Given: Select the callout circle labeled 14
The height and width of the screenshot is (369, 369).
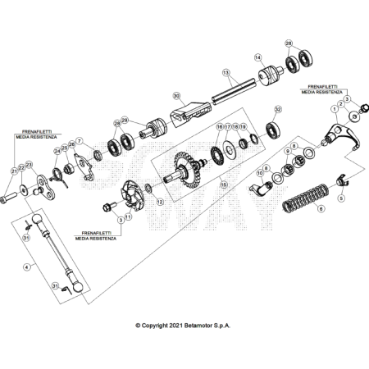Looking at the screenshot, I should click(257, 58).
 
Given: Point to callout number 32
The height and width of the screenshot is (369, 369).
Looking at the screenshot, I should click(278, 108).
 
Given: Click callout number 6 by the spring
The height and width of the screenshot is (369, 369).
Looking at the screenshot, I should click(321, 208).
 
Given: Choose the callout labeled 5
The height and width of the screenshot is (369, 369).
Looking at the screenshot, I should click(341, 198).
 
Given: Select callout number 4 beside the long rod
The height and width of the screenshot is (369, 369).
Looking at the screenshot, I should click(27, 266).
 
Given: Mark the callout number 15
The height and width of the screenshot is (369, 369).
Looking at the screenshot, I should click(221, 186).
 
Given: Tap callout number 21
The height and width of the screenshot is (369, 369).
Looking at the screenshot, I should click(14, 171).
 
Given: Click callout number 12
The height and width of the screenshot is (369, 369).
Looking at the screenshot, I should click(160, 202).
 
